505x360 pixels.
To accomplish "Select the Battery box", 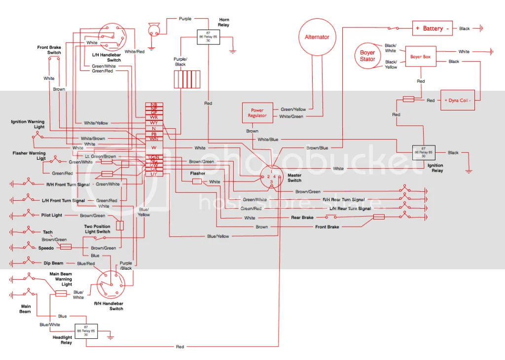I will click(x=433, y=29).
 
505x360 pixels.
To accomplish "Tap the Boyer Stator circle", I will click(x=367, y=56).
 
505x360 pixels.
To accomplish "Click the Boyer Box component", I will click(x=420, y=57).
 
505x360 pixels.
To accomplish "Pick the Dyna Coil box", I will click(x=457, y=100).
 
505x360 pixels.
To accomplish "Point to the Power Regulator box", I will click(x=257, y=113).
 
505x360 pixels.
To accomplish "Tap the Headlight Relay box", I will click(x=86, y=330).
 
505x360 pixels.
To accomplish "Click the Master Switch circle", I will click(x=271, y=177).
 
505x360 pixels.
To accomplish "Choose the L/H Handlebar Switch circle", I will click(x=111, y=36).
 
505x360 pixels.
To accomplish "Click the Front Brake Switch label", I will click(x=49, y=50).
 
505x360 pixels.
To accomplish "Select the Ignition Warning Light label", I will click(x=28, y=124).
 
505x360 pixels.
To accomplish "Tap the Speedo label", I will click(x=46, y=248).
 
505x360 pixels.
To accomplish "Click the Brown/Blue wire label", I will click(x=317, y=148).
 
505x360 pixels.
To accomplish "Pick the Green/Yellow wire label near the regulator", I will click(x=293, y=109).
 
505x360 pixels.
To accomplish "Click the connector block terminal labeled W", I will click(x=154, y=147).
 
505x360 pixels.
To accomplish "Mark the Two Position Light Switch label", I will click(x=97, y=229).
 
